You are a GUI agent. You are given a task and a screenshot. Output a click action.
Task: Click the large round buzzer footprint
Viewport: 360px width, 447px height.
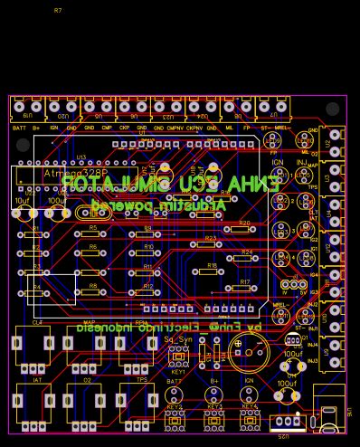(x=248, y=349)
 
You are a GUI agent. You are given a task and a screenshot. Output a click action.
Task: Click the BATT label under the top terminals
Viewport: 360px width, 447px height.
(x=19, y=128)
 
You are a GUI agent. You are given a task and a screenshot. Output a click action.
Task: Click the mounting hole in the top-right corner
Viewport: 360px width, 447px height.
(x=333, y=109)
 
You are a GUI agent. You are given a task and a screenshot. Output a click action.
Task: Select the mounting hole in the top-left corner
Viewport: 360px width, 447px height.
(x=24, y=145)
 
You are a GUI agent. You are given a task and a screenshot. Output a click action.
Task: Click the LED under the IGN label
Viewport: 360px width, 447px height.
(x=279, y=175)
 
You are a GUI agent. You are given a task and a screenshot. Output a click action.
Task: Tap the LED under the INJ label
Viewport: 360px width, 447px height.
(x=304, y=175)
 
